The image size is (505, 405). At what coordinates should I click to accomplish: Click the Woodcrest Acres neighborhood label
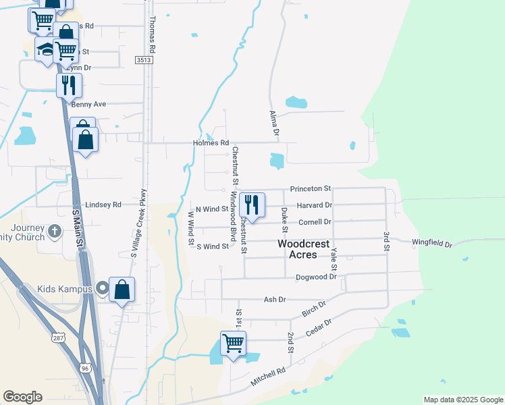coord(302,248)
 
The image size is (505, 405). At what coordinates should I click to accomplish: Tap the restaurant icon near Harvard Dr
coord(252,204)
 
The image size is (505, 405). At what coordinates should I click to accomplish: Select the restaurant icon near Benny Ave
coord(69,84)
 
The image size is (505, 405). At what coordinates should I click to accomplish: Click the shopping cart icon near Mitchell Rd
coord(233,342)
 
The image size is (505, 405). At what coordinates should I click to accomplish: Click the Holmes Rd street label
coord(215,143)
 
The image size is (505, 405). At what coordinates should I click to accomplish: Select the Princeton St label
coord(311,188)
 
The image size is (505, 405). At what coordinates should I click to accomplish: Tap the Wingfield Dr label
coord(432,243)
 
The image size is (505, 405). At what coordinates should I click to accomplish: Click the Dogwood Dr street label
coord(316,277)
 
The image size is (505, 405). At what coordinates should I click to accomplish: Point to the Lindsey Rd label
coord(103,205)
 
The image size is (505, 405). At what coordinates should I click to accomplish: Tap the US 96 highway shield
coord(84,369)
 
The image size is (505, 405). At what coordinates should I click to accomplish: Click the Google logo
coord(22,397)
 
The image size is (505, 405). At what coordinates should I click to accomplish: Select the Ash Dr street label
coord(275,299)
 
